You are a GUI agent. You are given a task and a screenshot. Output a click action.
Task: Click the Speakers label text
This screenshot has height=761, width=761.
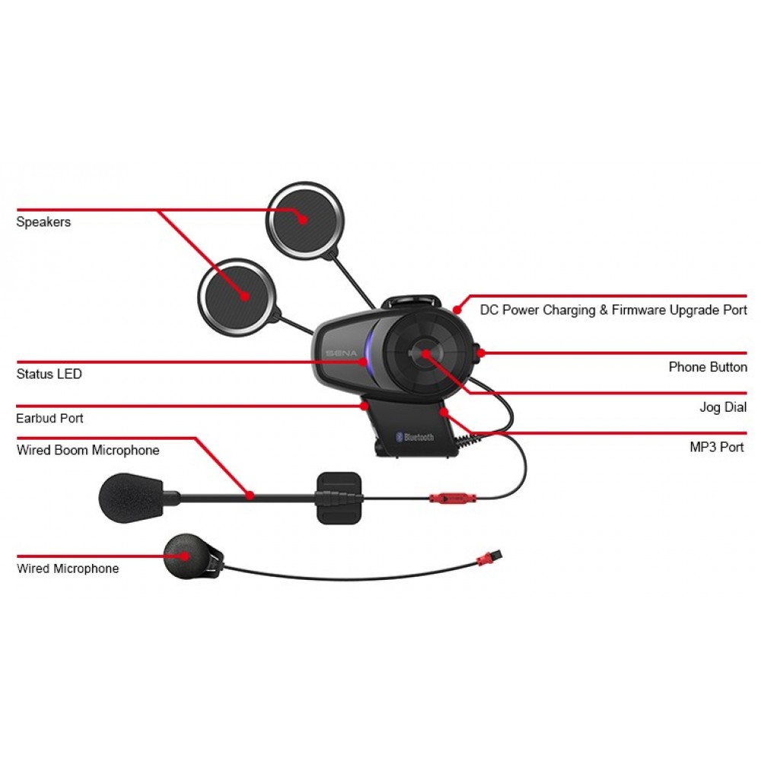point(43,222)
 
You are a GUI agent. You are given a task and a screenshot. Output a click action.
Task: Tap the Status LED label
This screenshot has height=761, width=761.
point(49,374)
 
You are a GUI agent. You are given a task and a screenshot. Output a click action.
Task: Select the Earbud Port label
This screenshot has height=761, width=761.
point(49,419)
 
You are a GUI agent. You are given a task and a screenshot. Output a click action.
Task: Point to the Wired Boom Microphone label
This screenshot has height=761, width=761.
point(88,451)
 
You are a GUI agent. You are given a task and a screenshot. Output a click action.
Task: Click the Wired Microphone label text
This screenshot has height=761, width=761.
point(68,568)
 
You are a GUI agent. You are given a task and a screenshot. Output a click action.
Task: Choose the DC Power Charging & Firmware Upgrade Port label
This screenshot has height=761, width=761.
point(613,310)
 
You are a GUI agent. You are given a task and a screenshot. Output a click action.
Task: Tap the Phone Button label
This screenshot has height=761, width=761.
point(708,368)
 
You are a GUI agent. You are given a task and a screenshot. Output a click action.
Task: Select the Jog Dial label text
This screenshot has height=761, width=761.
point(723,408)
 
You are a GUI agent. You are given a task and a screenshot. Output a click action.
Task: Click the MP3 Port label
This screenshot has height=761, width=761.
point(717,447)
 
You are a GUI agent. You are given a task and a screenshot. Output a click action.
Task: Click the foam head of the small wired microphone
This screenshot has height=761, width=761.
point(184,556)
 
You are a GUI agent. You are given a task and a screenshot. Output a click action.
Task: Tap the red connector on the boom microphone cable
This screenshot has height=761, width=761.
point(447,498)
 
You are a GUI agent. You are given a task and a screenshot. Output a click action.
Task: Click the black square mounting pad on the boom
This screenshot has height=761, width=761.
point(338,498)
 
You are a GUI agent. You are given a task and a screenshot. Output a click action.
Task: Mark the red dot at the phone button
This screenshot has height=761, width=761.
point(482,353)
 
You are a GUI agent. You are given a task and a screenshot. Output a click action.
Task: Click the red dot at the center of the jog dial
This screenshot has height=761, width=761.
point(424,353)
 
